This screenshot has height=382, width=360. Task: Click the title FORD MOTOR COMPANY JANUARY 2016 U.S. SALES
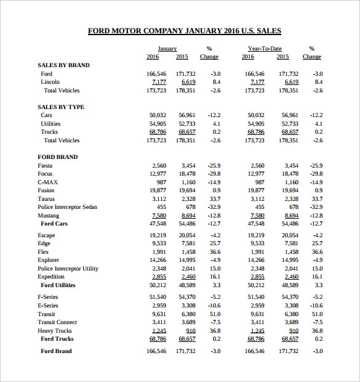pos(184,31)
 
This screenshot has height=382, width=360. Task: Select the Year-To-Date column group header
pos(265,48)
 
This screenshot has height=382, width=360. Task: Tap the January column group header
pos(167,48)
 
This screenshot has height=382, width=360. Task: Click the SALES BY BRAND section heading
pos(63,65)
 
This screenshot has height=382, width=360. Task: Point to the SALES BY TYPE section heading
pos(61,107)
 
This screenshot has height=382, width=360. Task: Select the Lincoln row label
pos(50,81)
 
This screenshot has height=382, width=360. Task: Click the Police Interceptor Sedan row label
pos(67,207)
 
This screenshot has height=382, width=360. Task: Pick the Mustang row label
pos(48,216)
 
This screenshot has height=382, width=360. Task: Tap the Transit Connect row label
pos(57,322)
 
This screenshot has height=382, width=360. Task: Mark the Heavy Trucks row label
pos(55,330)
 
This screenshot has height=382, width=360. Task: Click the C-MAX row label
pos(47,182)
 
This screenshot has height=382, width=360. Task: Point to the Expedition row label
pos(51,277)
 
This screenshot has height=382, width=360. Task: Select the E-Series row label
pos(48,305)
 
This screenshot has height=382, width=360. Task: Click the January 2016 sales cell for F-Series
pos(158,297)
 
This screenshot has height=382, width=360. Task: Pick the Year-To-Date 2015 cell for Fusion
pos(290,190)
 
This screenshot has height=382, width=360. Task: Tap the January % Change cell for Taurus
pos(215,199)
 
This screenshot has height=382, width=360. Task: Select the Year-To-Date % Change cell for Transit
pos(316,314)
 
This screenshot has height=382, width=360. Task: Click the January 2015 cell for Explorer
pos(186,260)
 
